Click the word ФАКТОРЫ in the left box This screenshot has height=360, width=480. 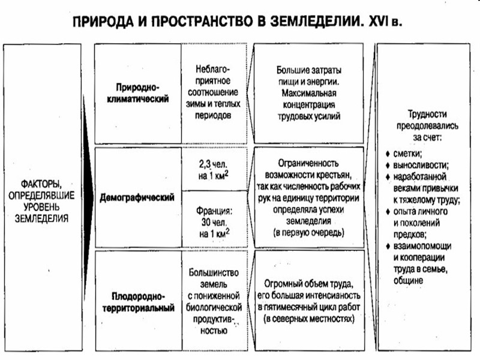[x=41, y=182]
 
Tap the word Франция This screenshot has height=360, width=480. [x=214, y=211]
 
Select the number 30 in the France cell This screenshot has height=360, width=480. [x=205, y=222]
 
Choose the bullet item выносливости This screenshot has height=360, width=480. [x=421, y=165]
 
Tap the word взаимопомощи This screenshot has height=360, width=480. [x=424, y=247]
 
